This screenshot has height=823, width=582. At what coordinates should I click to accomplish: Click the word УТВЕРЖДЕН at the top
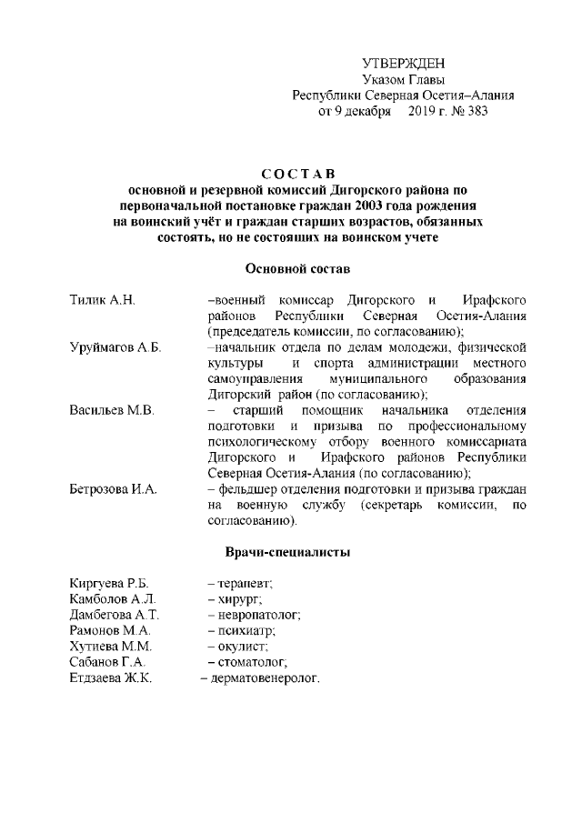[404, 63]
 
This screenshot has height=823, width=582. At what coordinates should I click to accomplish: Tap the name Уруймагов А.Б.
[115, 349]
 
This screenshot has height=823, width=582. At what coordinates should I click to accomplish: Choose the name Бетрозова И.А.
[115, 490]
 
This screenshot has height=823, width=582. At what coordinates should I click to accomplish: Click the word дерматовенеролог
[265, 678]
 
